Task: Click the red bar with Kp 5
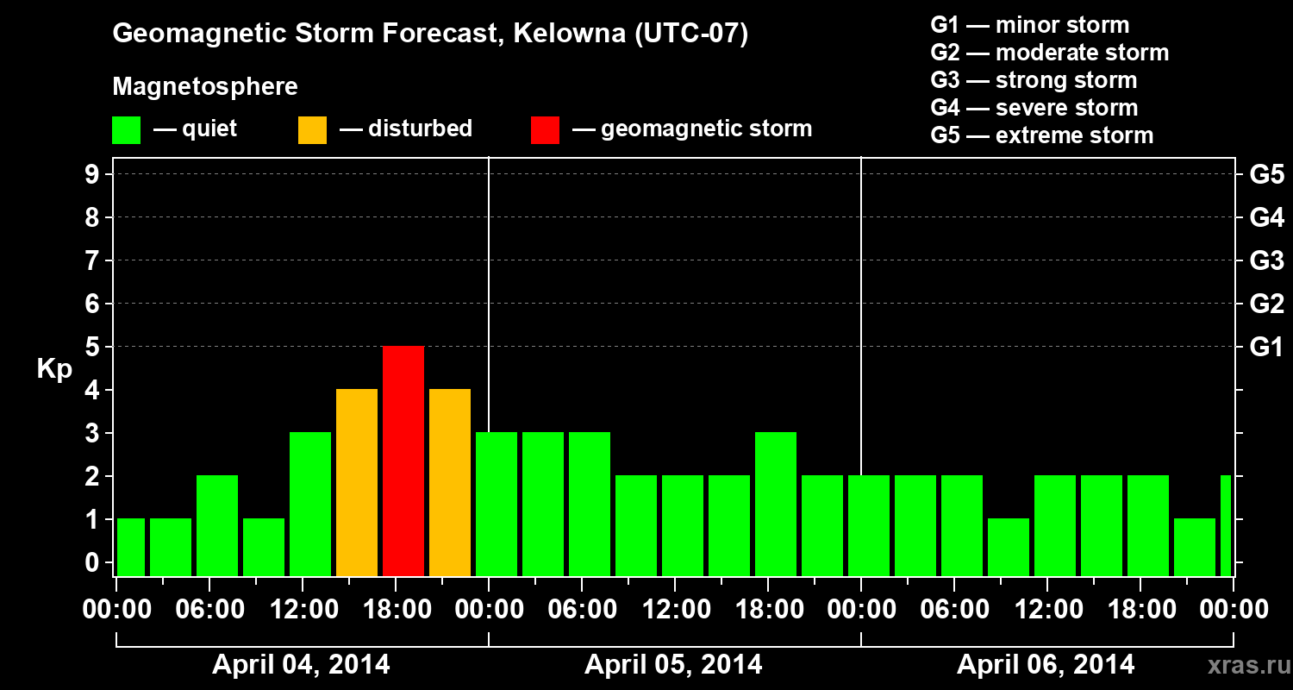click(403, 461)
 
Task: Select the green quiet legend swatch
click(127, 129)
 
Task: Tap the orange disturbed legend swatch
click(312, 129)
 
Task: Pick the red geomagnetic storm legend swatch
click(545, 129)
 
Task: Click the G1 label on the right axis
click(1266, 348)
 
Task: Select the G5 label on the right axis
click(1266, 175)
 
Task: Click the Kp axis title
click(54, 369)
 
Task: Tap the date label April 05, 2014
click(673, 665)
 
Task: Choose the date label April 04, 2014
click(301, 665)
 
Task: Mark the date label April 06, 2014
click(1046, 665)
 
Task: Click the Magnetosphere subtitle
click(205, 87)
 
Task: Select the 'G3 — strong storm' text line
click(1034, 80)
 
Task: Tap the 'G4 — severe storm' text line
click(1034, 108)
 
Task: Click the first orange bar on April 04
click(357, 482)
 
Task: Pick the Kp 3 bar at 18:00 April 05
click(776, 504)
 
